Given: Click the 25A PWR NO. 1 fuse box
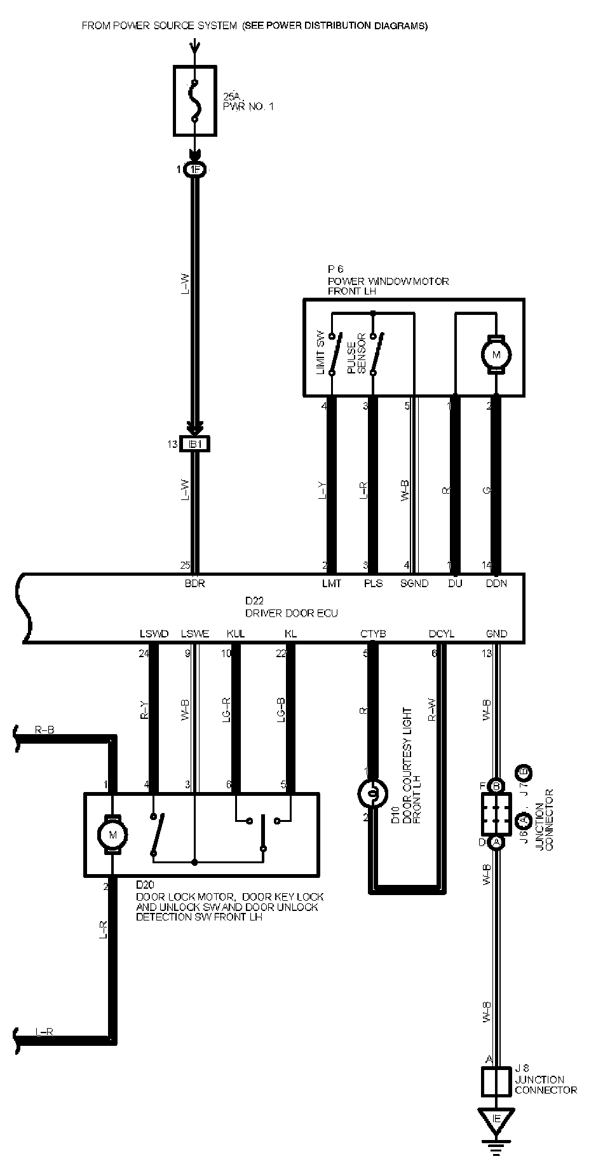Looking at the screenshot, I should coord(195,100).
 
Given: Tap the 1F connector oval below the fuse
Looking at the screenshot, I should coord(194,170).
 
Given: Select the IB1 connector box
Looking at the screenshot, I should coord(195,444).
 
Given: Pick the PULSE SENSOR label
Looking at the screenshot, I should coord(356,354).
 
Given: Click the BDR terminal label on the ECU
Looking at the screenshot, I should coord(194,583).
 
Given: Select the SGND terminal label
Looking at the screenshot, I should coord(414,583).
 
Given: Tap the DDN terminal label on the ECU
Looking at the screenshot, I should coord(496,583).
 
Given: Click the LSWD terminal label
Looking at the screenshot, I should coord(154,634).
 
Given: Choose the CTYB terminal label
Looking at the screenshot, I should coord(373,634).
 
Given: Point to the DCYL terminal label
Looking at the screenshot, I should coord(442,634).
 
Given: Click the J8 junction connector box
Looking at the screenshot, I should coord(496,1081).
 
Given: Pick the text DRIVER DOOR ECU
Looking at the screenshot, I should coord(291,613).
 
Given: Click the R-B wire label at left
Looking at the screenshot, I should coord(44,730).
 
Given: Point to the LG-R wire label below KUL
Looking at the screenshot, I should coord(227,709).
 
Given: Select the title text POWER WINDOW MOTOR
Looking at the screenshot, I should coord(388,281).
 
